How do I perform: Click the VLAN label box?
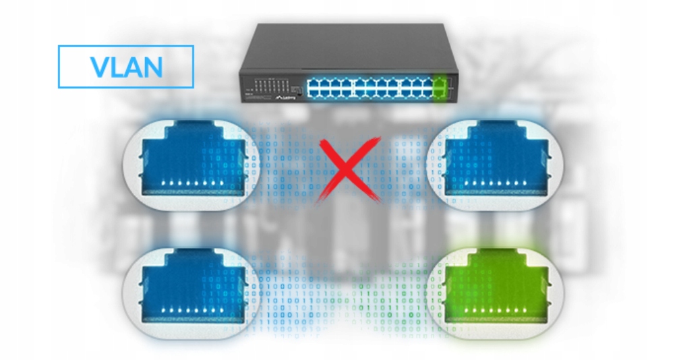click(x=126, y=66)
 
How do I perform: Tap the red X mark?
click(x=349, y=168)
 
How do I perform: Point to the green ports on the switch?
click(x=442, y=86)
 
